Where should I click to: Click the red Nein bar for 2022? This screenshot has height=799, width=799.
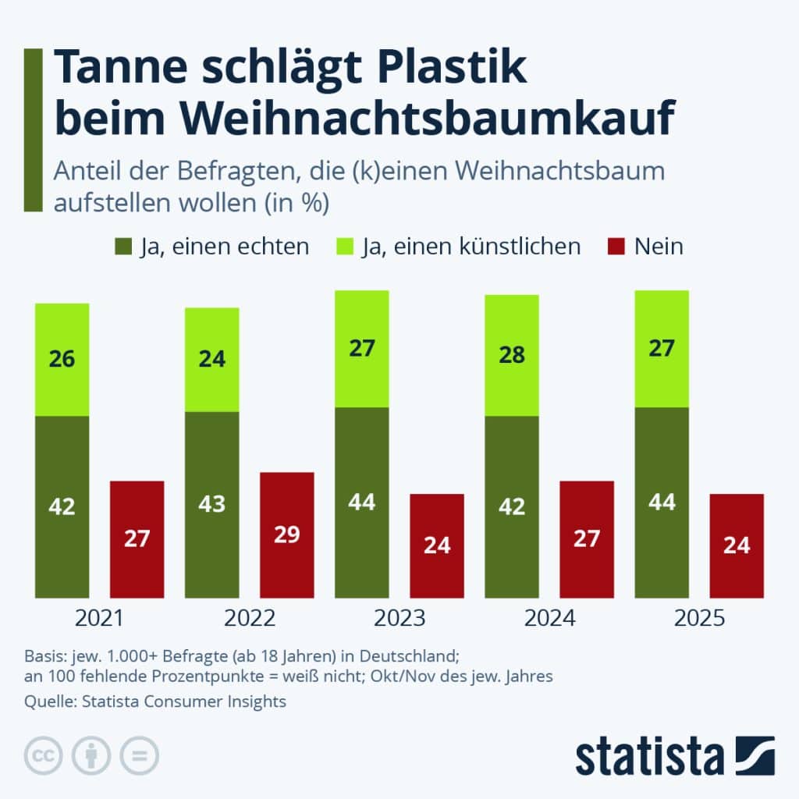tap(287, 535)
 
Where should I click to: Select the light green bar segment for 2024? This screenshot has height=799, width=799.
tap(512, 355)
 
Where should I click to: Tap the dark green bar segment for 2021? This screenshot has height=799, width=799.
tap(62, 506)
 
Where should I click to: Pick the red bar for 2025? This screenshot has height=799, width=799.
tap(737, 545)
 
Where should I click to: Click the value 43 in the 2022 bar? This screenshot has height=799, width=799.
tap(211, 503)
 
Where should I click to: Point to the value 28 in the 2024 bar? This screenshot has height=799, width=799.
tap(512, 355)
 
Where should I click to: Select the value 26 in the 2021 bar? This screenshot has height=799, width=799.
tap(62, 360)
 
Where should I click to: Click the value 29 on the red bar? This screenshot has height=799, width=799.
tap(287, 535)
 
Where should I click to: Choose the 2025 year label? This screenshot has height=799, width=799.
tap(699, 619)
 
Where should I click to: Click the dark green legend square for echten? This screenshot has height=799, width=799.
tap(123, 247)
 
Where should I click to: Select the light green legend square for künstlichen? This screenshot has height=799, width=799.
tap(346, 247)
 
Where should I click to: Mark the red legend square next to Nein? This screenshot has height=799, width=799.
tap(616, 247)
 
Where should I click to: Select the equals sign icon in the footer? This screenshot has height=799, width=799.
tap(139, 755)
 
